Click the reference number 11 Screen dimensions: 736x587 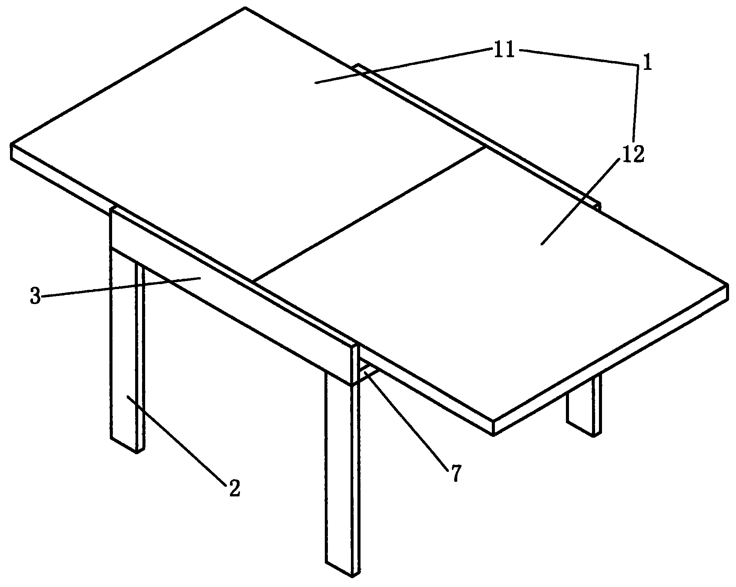(x=504, y=51)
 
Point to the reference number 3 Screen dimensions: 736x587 (x=35, y=297)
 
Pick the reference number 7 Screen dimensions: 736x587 (x=455, y=473)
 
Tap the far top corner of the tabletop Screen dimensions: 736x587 (x=245, y=7)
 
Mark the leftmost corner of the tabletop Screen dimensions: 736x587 (x=11, y=145)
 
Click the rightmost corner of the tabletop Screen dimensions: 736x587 (x=728, y=285)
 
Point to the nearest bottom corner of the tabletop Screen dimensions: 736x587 (x=493, y=435)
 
